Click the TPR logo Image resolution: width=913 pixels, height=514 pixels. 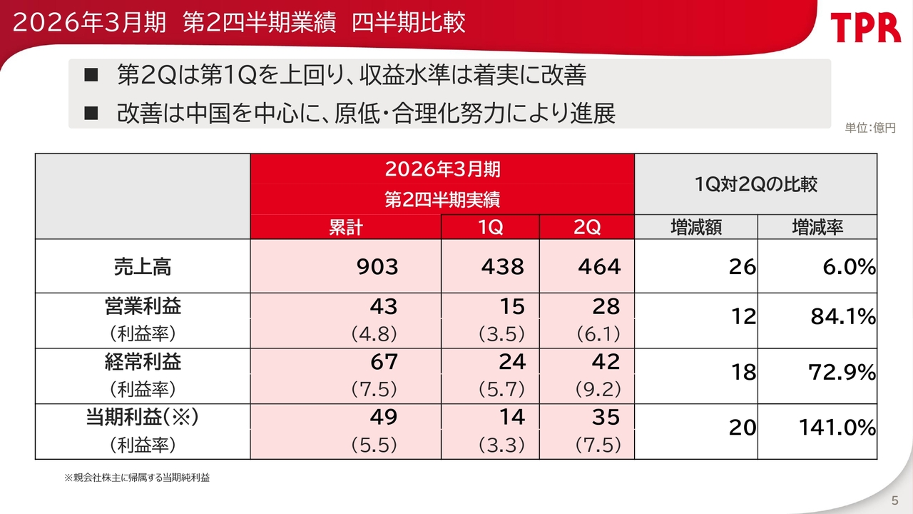coord(865,28)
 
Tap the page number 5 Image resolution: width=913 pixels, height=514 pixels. coord(894,498)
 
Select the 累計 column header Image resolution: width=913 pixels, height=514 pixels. coord(345,227)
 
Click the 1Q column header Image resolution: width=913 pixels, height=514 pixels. coord(490,227)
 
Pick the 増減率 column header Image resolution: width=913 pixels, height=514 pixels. coord(817,227)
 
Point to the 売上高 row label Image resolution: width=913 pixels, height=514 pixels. coord(143,266)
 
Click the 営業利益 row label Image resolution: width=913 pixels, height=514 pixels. coord(143,307)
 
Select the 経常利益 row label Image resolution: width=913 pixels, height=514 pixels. coord(143,362)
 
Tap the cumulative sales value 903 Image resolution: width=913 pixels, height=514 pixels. coord(377,267)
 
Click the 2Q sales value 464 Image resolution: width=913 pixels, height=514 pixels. coord(599,267)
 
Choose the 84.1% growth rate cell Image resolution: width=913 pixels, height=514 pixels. coord(842,316)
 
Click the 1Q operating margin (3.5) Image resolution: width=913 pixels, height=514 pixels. coord(502,333)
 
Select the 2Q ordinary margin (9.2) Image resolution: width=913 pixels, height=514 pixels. coord(598,389)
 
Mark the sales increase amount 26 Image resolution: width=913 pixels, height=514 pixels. coord(742,267)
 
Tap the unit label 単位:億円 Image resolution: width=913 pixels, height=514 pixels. coord(869,128)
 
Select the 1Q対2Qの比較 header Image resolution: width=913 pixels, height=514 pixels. coord(755,185)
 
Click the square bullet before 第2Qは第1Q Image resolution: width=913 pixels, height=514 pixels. coord(91,75)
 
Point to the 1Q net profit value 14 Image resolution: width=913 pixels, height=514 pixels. coord(511,417)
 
